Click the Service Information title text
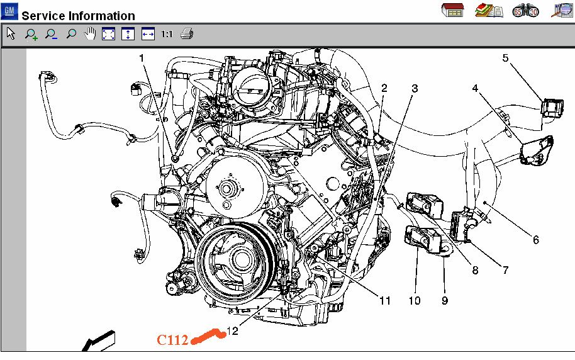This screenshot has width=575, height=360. [79, 16]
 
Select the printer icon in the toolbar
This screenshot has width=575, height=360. [186, 34]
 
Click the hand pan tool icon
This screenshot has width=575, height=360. [89, 34]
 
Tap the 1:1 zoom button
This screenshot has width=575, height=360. [167, 34]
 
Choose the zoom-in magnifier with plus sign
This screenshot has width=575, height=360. [31, 35]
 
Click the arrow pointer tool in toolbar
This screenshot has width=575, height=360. [11, 34]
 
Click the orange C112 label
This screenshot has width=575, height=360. [172, 340]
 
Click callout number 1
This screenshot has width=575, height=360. [142, 58]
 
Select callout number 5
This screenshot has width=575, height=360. [505, 58]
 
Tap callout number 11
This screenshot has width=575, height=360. [384, 301]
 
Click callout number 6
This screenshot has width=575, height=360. [535, 240]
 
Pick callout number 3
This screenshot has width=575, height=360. [414, 88]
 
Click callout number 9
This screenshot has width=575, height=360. [444, 301]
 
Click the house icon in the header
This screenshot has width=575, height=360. [453, 10]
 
